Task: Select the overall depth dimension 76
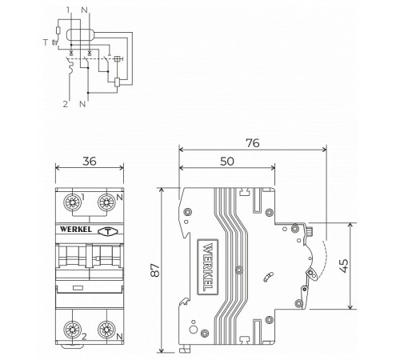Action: [252, 143]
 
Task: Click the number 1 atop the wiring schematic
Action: [69, 10]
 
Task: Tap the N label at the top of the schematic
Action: [85, 10]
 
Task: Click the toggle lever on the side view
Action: [310, 276]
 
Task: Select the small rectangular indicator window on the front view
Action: [77, 286]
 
